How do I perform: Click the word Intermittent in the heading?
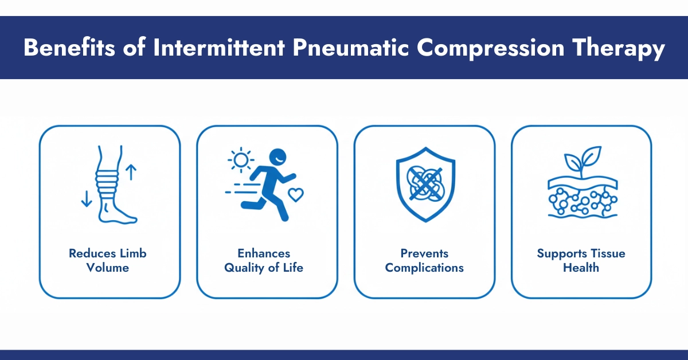pyautogui.click(x=221, y=48)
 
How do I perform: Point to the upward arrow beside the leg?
pyautogui.click(x=131, y=171)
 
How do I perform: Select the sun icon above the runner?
pyautogui.click(x=241, y=160)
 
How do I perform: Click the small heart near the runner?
pyautogui.click(x=295, y=194)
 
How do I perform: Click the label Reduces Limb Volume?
pyautogui.click(x=108, y=260)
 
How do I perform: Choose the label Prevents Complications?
pyautogui.click(x=424, y=260)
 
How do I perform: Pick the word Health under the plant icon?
pyautogui.click(x=581, y=268)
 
